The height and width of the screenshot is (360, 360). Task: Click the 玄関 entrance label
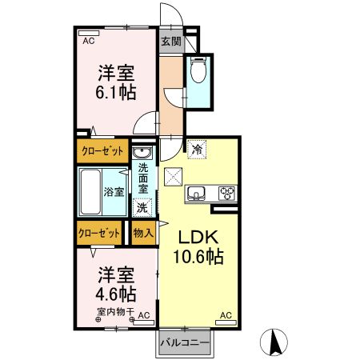point(170,41)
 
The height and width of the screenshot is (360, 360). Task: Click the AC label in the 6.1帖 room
point(88,40)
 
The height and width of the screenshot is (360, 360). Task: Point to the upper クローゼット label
point(102,150)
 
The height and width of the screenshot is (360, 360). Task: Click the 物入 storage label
point(143,232)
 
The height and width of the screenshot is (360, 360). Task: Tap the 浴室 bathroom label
point(114,191)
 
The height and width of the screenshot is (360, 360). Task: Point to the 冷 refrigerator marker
point(197,148)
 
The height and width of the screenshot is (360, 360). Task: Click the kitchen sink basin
point(198,194)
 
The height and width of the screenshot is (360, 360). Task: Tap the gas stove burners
point(227,193)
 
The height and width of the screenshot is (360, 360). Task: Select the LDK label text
point(198,237)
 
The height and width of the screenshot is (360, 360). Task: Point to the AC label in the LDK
point(226,315)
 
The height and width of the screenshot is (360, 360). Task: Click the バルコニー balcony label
point(184,342)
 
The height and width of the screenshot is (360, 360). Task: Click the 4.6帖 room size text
point(117,294)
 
